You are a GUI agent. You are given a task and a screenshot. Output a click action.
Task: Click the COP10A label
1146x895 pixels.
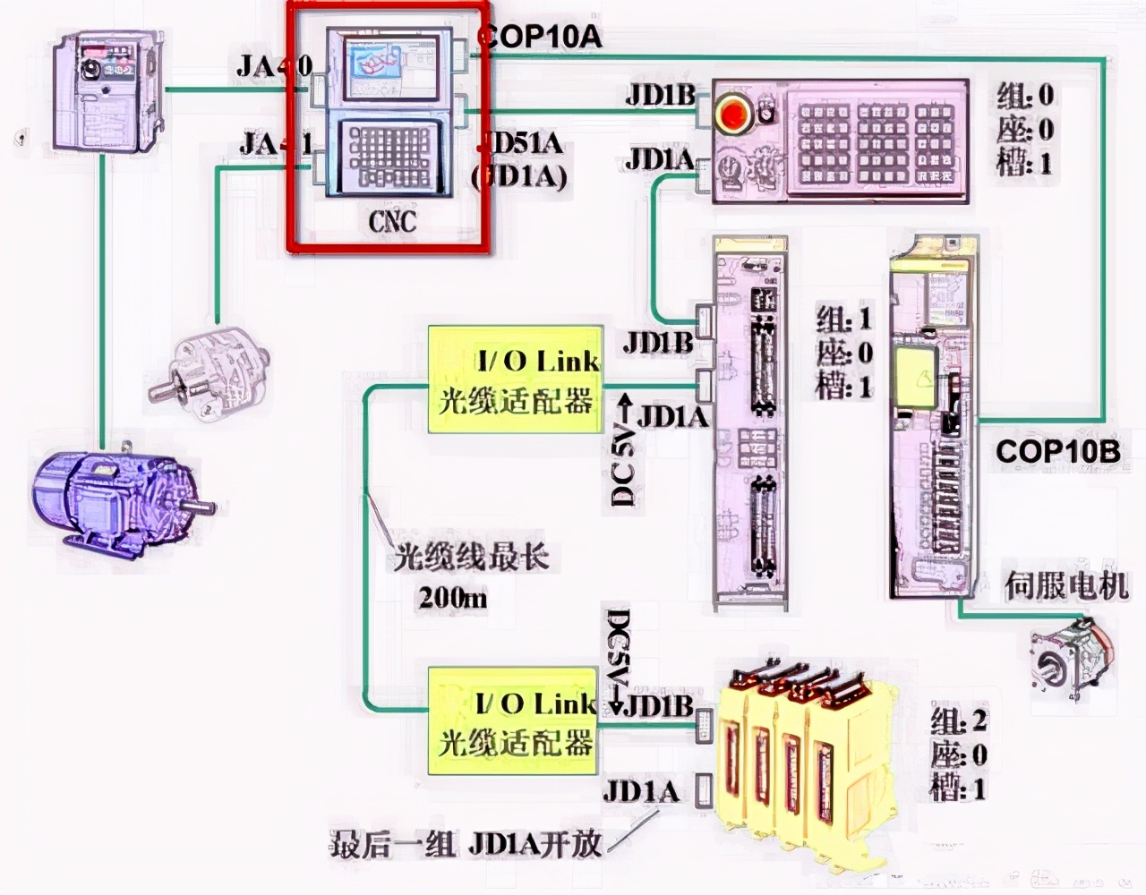[540, 37]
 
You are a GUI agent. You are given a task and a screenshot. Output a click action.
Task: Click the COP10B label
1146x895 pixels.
[1057, 450]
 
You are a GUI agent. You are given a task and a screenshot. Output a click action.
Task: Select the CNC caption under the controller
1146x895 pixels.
[392, 220]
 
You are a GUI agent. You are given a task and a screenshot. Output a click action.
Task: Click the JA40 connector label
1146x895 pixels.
[274, 66]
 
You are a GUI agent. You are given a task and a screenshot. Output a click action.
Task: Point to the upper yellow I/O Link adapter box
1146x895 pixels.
[515, 380]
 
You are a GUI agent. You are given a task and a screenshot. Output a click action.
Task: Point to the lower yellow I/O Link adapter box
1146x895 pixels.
[515, 722]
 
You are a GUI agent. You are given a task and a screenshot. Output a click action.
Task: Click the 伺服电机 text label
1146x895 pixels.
[1065, 586]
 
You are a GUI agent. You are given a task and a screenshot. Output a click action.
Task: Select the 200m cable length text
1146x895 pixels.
[453, 598]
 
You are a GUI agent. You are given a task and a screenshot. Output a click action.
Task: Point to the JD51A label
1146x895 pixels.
[522, 143]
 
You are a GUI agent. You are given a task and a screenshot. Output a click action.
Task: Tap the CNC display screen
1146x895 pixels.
[387, 65]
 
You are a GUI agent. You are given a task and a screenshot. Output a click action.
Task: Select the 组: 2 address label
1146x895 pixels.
[959, 720]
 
